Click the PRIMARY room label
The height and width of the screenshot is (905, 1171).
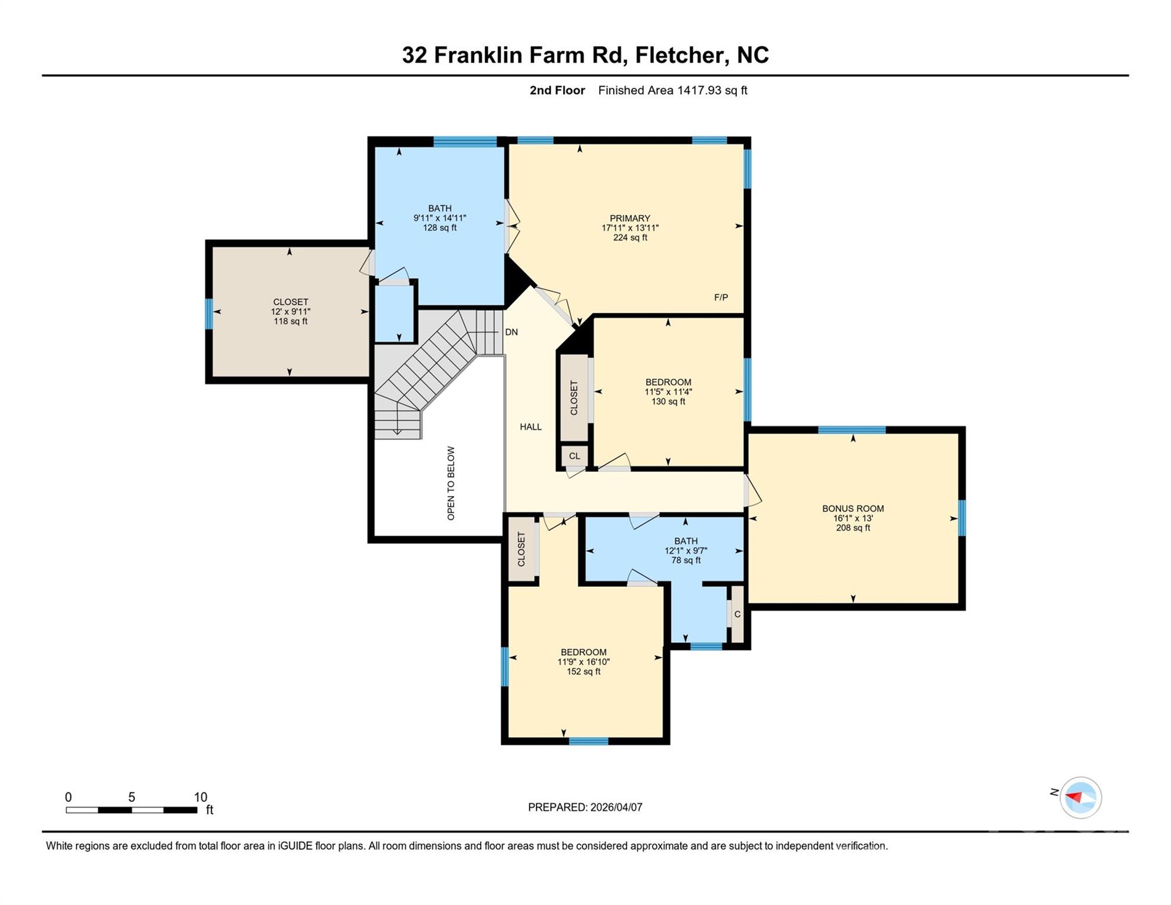tap(630, 218)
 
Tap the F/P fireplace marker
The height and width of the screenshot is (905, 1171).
tap(721, 298)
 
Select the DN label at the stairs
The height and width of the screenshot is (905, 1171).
tap(511, 332)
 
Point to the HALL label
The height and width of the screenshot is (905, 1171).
tap(531, 427)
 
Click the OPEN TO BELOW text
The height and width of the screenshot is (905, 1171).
tap(451, 483)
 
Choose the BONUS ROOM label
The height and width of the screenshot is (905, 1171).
tap(853, 508)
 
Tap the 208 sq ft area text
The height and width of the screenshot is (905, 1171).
tap(853, 528)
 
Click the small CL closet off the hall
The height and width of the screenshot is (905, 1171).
tap(574, 456)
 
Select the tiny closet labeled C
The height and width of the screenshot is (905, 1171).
tap(737, 615)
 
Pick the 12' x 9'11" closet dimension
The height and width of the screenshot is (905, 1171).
tap(290, 312)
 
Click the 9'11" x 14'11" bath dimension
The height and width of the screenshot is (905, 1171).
tap(439, 218)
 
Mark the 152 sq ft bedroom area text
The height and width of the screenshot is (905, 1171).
tap(583, 672)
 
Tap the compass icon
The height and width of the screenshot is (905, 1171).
tap(1080, 798)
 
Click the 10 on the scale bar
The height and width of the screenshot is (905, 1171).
tap(200, 797)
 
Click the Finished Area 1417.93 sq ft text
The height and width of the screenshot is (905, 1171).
tap(672, 90)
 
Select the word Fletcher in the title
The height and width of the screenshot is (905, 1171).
tap(680, 55)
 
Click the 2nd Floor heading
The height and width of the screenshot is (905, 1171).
tap(557, 90)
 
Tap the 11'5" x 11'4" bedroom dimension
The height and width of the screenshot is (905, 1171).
tap(668, 392)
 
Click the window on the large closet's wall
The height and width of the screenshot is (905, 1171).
tap(209, 313)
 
